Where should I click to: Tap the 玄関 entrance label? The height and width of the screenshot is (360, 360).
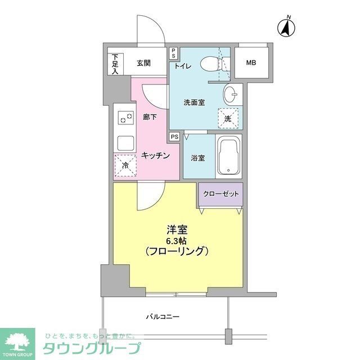coord(143,63)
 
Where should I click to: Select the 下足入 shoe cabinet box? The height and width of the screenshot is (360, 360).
coord(115,63)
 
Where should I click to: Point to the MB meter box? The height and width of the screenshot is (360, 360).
coord(250,62)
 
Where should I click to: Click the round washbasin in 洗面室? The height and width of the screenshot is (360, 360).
coord(229,94)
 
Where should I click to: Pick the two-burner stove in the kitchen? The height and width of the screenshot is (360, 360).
coord(125,118)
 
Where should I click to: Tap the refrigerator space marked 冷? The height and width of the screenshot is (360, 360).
coord(125,165)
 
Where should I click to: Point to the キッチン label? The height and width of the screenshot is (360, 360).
coord(155,156)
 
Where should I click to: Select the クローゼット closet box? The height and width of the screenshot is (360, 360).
coord(220,194)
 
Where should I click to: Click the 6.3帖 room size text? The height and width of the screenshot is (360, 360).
coord(177,240)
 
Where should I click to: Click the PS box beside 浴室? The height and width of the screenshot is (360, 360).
coord(174,136)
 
